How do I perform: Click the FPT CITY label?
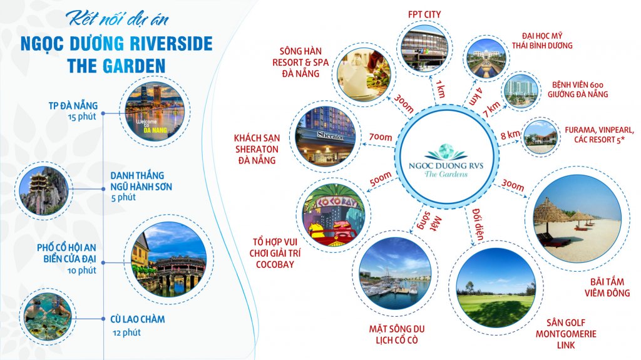424,14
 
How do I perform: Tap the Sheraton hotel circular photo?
326,136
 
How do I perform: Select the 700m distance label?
381,137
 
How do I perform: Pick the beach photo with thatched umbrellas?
577,219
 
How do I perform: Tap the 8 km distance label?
511,134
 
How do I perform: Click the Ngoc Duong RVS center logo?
446,160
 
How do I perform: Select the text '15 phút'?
82,116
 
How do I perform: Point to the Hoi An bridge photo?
169,259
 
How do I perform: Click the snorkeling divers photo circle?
48,316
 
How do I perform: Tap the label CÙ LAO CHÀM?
138,319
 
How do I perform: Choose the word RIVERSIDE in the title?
171,43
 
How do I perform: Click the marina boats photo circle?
395,273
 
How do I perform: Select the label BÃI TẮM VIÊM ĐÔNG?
607,287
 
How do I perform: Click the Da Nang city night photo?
155,111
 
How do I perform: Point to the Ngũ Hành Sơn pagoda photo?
44,190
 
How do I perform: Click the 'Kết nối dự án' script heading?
117,18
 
